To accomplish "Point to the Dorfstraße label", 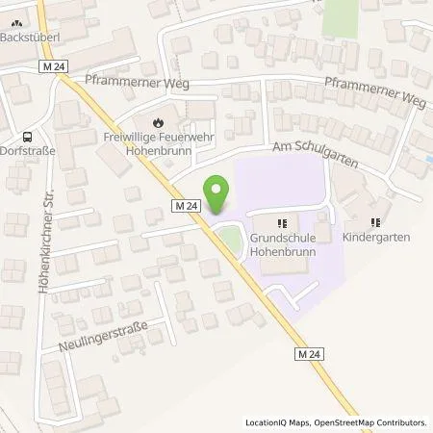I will (28, 151).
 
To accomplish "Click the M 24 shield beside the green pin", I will (188, 206).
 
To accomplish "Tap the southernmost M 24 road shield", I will (306, 356).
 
